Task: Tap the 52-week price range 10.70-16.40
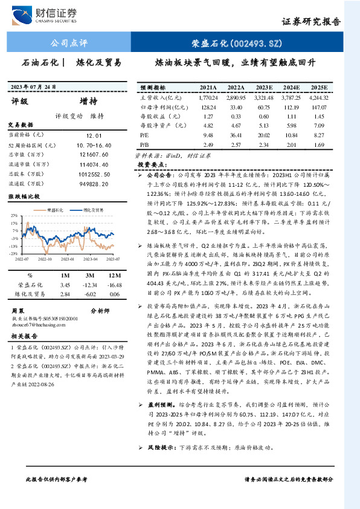click(94, 146)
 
